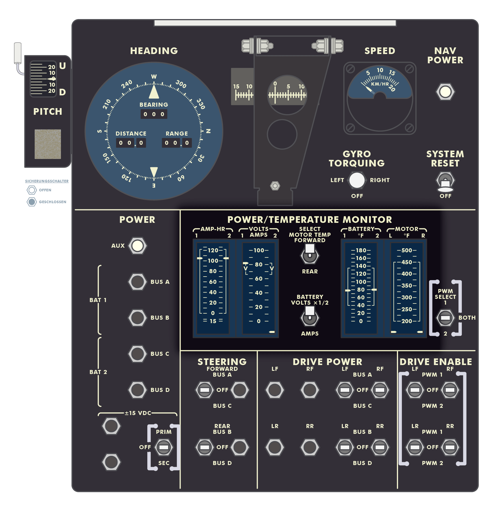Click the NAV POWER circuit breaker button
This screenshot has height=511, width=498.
coord(445,92)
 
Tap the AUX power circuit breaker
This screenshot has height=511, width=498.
coord(137,246)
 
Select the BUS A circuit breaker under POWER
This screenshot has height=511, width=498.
coord(137,282)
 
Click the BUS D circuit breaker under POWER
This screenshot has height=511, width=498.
coord(137,390)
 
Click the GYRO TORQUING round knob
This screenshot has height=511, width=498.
coord(357,180)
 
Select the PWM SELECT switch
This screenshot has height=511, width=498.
coord(445,318)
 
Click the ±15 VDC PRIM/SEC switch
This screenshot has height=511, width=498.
coord(164,447)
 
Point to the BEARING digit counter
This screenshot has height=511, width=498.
coord(154,114)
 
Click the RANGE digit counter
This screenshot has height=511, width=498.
coord(176,143)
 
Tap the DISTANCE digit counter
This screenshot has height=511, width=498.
coord(131,143)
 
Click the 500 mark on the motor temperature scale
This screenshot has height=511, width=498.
coord(407,250)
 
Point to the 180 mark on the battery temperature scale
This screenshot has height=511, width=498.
coord(361,250)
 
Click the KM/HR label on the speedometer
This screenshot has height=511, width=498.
coord(380,84)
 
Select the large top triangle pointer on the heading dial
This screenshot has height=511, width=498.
coord(154,92)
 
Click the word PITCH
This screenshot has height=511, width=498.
coord(48,112)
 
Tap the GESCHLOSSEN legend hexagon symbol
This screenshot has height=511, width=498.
coord(32,202)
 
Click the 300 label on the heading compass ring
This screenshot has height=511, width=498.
coord(181,84)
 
